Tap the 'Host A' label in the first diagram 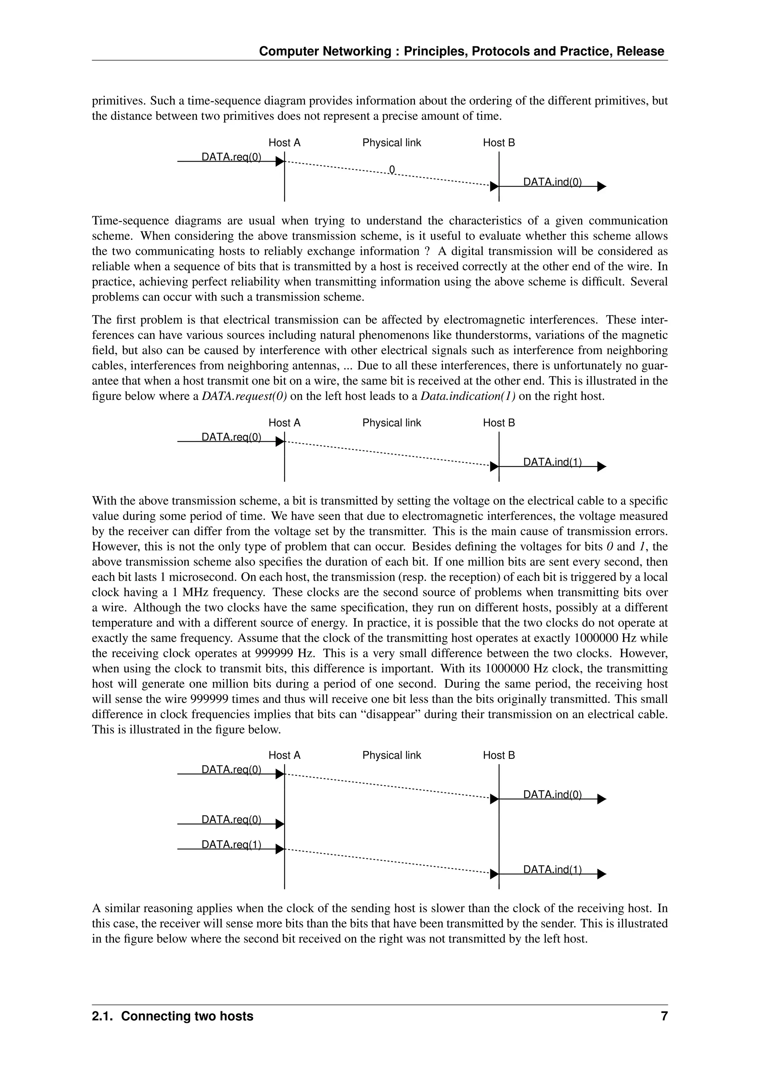pyautogui.click(x=284, y=143)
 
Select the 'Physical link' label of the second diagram pyautogui.click(x=392, y=423)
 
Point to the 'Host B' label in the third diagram pyautogui.click(x=499, y=755)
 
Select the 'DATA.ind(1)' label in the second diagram pyautogui.click(x=552, y=462)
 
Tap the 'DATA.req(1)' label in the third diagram pyautogui.click(x=231, y=844)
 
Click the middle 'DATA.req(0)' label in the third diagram pyautogui.click(x=231, y=820)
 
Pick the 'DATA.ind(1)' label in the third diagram pyautogui.click(x=552, y=869)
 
